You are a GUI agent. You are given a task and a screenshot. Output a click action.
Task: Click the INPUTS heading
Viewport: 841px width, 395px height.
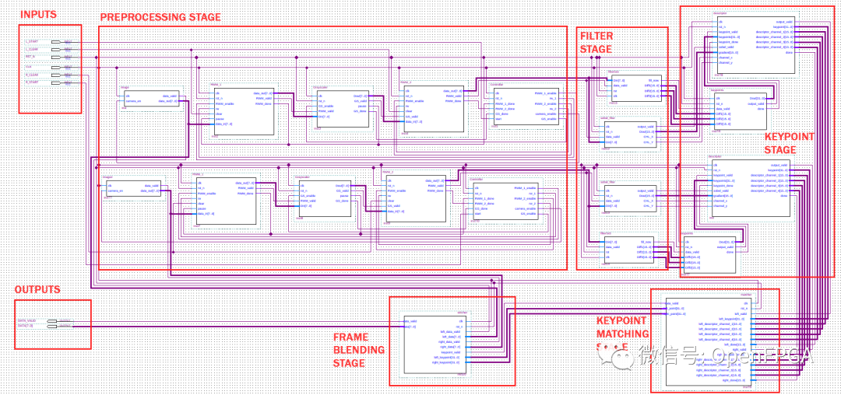point(38,15)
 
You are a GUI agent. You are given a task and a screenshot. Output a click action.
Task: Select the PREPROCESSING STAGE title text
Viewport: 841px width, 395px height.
point(160,17)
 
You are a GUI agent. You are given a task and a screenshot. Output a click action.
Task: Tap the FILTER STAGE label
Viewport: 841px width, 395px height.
point(596,42)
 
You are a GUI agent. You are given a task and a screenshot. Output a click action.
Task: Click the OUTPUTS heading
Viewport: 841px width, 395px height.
point(37,289)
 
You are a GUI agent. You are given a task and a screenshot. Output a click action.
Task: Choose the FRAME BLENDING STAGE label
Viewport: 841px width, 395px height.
point(359,350)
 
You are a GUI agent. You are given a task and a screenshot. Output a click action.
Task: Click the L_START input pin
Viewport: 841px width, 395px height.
point(55,41)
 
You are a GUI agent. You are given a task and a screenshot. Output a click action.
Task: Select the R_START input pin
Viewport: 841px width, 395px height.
point(55,82)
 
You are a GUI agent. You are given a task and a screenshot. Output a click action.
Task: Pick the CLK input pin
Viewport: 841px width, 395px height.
point(55,67)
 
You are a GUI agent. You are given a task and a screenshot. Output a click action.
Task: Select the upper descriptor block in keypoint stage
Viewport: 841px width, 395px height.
point(753,44)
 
